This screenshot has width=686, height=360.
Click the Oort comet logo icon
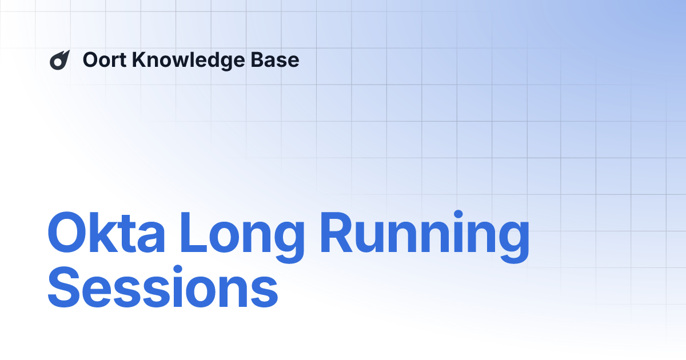(x=59, y=60)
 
